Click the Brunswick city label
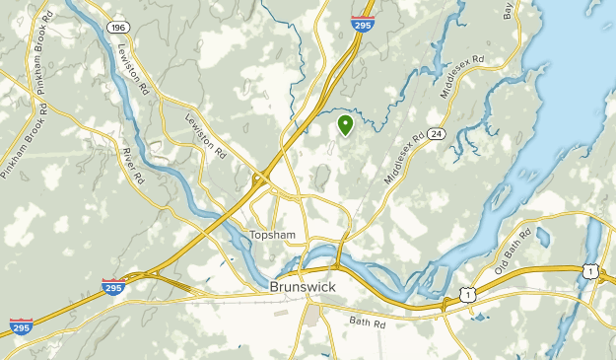pos(303,286)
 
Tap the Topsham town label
pos(272,235)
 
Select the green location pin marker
pos(345,125)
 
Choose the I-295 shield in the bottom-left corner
pos(21,326)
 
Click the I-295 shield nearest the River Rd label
pos(112,287)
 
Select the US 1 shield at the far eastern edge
pos(589,271)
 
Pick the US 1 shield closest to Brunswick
pos(469,293)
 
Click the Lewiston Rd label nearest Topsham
pos(206,136)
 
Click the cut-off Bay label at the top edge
pos(509,10)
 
